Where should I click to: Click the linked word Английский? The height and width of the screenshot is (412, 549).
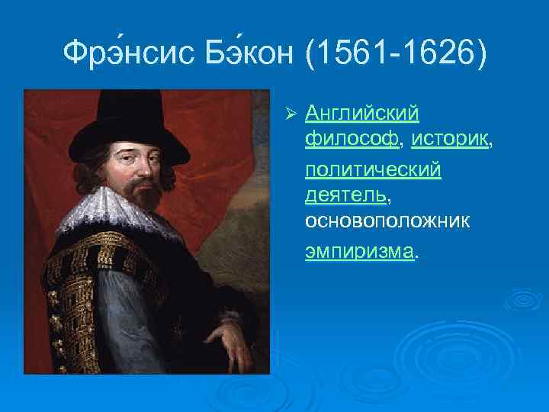coord(362,114)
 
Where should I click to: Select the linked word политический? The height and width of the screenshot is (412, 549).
coord(373,169)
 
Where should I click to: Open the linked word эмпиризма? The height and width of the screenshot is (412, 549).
coord(360,249)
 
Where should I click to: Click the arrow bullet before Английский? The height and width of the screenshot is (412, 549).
coord(288,114)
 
